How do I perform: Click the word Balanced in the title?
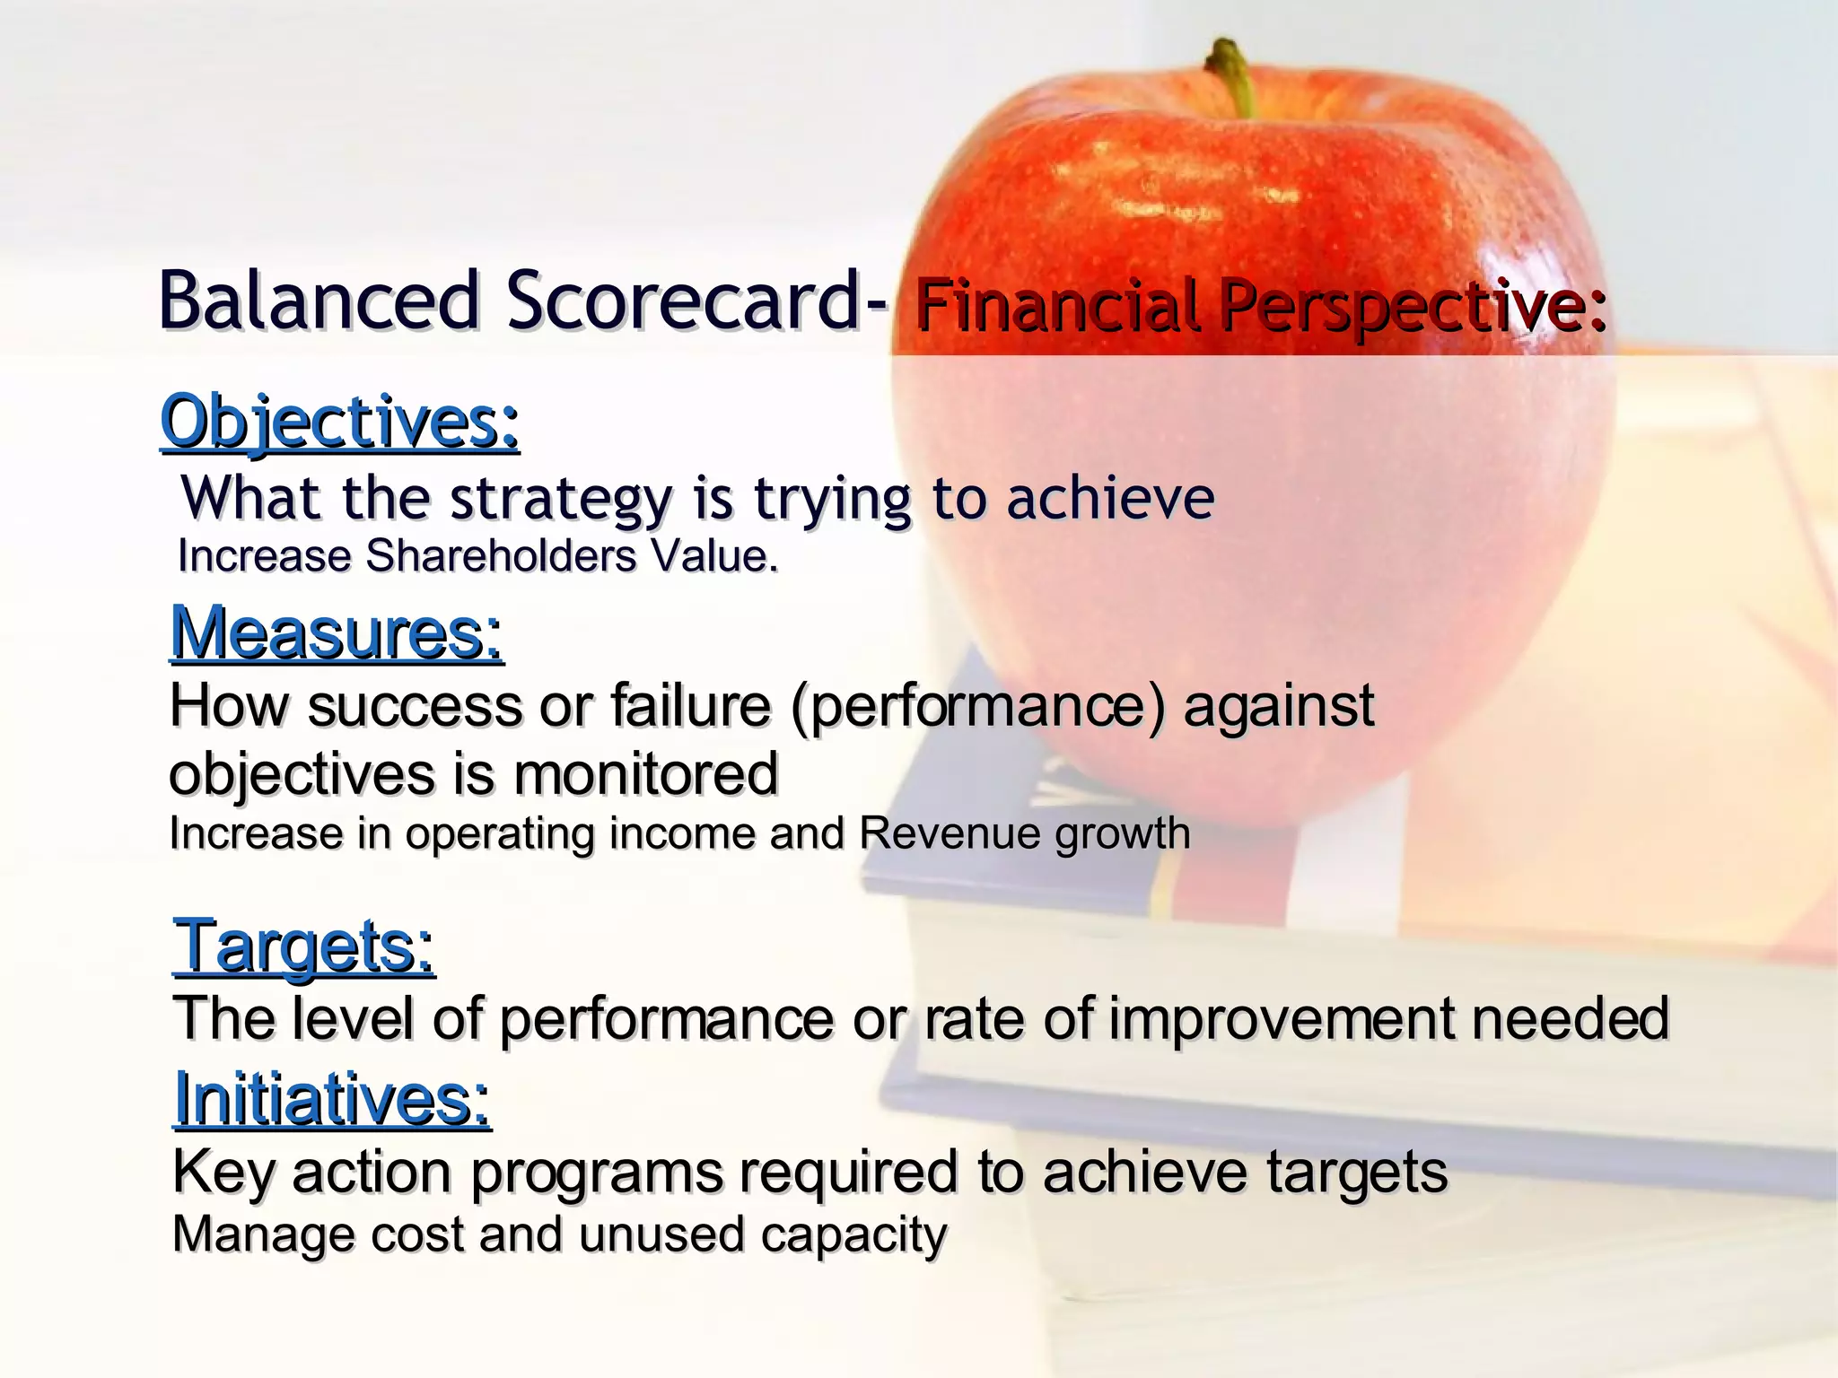pos(319,301)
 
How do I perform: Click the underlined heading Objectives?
pos(339,422)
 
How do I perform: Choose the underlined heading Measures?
pos(337,633)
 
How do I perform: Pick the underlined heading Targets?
pos(303,946)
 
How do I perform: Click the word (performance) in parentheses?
pos(979,707)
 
